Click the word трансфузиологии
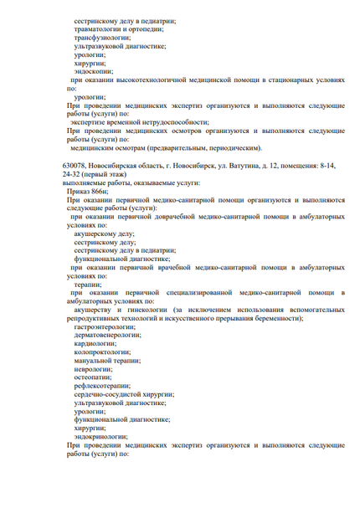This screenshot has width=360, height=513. point(102,38)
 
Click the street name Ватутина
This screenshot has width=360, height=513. point(252,167)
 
